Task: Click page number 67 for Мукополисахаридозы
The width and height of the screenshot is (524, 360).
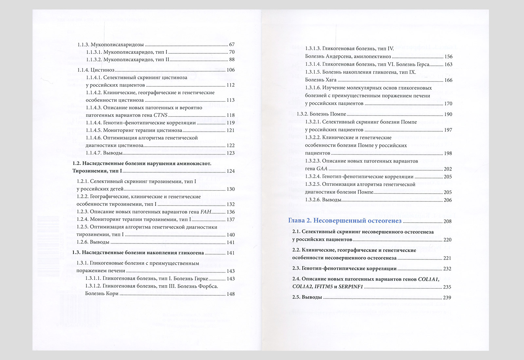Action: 232,45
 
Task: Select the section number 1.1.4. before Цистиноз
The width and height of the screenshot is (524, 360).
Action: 83,70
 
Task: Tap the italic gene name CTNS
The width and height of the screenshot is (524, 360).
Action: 160,115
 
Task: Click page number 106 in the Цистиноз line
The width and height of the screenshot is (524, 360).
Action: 231,70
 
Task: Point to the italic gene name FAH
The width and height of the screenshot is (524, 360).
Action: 206,212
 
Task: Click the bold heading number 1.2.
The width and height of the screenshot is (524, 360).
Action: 76,163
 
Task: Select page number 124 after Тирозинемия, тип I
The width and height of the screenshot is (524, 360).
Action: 231,171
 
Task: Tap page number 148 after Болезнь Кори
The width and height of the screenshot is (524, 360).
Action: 231,294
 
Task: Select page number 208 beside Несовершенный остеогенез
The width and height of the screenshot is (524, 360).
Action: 447,221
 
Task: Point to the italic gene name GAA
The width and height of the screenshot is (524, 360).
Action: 322,169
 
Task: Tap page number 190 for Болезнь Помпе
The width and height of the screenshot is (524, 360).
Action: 448,114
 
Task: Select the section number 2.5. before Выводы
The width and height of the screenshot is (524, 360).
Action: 296,297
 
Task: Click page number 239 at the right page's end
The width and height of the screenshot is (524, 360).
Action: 447,297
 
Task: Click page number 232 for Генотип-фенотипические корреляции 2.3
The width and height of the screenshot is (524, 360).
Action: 447,269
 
